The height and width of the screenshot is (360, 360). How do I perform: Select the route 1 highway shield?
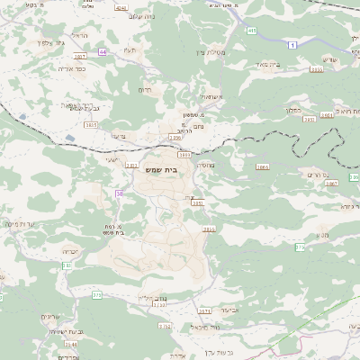pos(292,44)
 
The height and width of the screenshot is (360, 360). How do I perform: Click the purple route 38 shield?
pos(119,193)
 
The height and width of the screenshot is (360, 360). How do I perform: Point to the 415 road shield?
pos(251,31)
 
